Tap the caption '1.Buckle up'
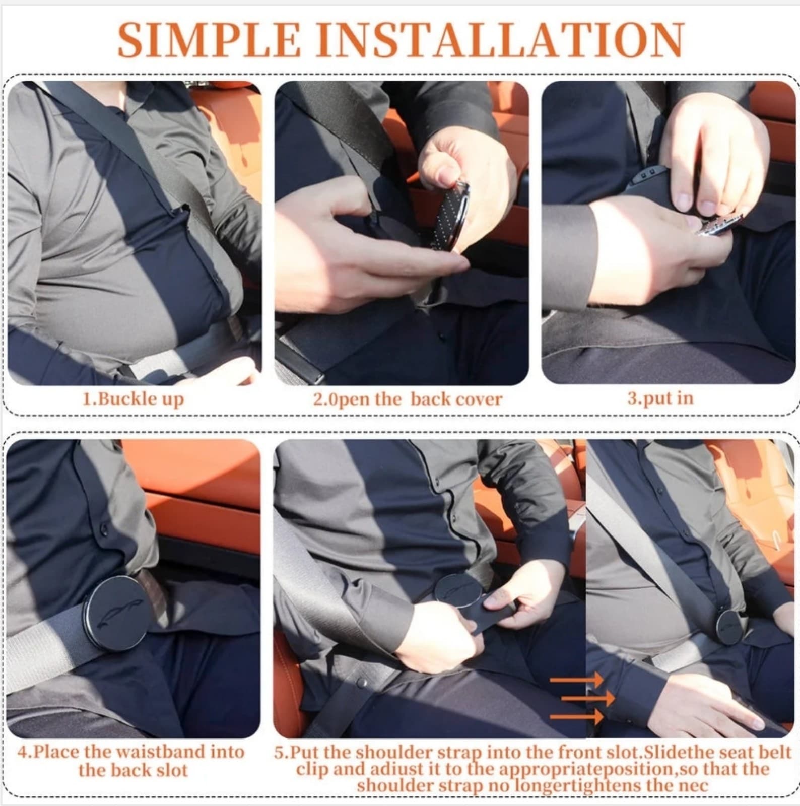point(134,399)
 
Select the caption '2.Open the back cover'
point(408,399)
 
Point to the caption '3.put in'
point(660,398)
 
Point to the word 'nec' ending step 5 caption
point(694,785)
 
